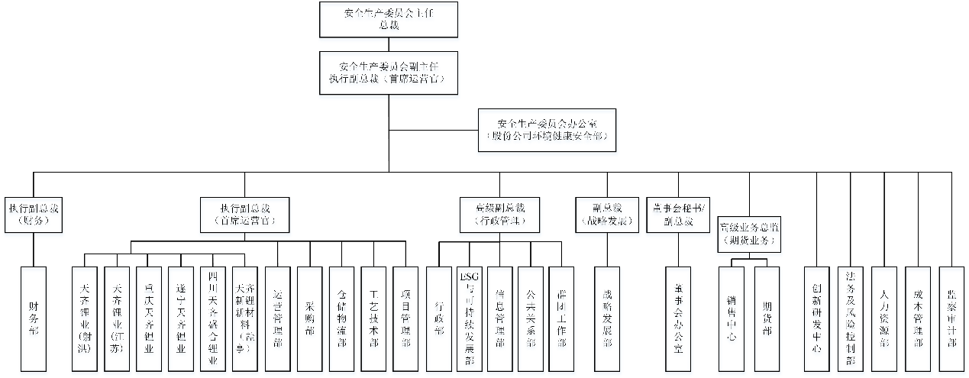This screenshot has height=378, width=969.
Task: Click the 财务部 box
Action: (x=34, y=318)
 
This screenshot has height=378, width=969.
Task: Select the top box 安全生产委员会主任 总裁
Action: (x=389, y=19)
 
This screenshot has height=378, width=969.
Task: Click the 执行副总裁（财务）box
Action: (x=34, y=216)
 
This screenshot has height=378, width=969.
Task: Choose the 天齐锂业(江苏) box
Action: (x=117, y=318)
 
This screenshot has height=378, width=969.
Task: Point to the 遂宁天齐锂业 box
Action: (x=181, y=318)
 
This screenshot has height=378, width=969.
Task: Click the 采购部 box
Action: (x=309, y=318)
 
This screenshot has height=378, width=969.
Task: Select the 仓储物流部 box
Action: (x=341, y=318)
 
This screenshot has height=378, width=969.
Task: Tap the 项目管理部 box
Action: (x=405, y=318)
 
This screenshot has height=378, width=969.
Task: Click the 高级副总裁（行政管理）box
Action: (x=500, y=215)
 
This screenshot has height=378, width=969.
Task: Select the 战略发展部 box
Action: (x=607, y=318)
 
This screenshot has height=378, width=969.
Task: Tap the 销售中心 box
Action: (x=732, y=318)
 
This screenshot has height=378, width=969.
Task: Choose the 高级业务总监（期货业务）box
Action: (x=749, y=233)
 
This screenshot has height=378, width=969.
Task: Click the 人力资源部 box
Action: (x=884, y=318)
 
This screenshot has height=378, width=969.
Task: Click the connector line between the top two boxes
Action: (x=388, y=44)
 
